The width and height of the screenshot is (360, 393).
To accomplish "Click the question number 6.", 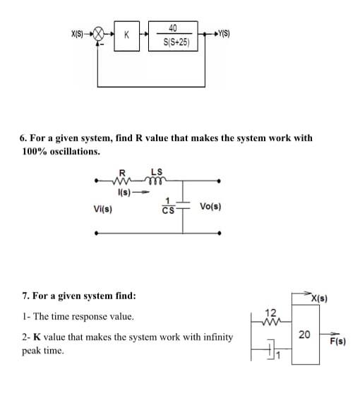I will (x=25, y=138).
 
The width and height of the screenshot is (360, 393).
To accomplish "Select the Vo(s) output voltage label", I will (x=212, y=206).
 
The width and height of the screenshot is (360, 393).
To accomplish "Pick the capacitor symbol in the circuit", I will (x=184, y=205).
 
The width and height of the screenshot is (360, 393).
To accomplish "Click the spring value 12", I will (x=271, y=312).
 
